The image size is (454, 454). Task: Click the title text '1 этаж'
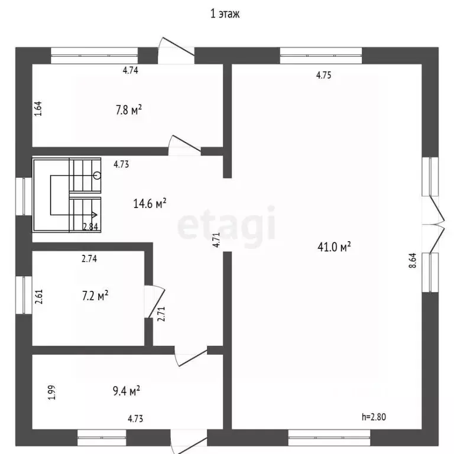(x=225, y=14)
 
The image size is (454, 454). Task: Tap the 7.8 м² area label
(x=129, y=110)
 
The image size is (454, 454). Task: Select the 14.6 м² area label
(x=150, y=203)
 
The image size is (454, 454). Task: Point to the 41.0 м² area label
(x=334, y=247)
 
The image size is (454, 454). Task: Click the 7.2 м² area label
(x=95, y=296)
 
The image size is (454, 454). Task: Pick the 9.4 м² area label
(x=127, y=391)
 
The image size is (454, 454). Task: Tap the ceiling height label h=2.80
(x=374, y=417)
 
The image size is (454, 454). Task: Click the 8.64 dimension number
(x=413, y=260)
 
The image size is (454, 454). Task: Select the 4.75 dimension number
(x=324, y=75)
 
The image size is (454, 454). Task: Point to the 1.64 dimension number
(x=38, y=109)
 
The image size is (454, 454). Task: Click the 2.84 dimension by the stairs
(x=90, y=227)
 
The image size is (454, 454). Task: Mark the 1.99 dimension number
(x=51, y=393)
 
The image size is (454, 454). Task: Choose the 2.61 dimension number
(x=39, y=297)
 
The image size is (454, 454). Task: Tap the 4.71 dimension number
(x=216, y=240)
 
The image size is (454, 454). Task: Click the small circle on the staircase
(x=98, y=175)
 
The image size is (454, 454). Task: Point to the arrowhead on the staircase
(x=94, y=215)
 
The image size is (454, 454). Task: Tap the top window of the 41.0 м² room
(x=321, y=56)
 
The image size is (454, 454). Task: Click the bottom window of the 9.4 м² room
(x=102, y=437)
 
